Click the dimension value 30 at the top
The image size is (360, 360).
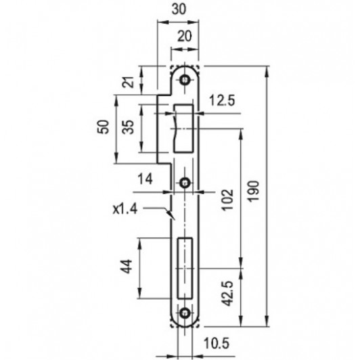pyautogui.click(x=179, y=10)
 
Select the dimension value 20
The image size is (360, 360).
pyautogui.click(x=184, y=37)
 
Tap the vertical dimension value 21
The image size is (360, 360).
pyautogui.click(x=128, y=82)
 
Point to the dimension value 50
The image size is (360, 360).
pyautogui.click(x=103, y=127)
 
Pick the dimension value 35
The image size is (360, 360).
pyautogui.click(x=128, y=127)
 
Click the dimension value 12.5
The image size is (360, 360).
pyautogui.click(x=222, y=101)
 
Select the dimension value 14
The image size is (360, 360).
pyautogui.click(x=145, y=179)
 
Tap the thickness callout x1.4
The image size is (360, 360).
pyautogui.click(x=125, y=209)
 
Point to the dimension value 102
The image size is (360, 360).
pyautogui.click(x=227, y=200)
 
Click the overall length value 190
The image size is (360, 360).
pyautogui.click(x=253, y=192)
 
